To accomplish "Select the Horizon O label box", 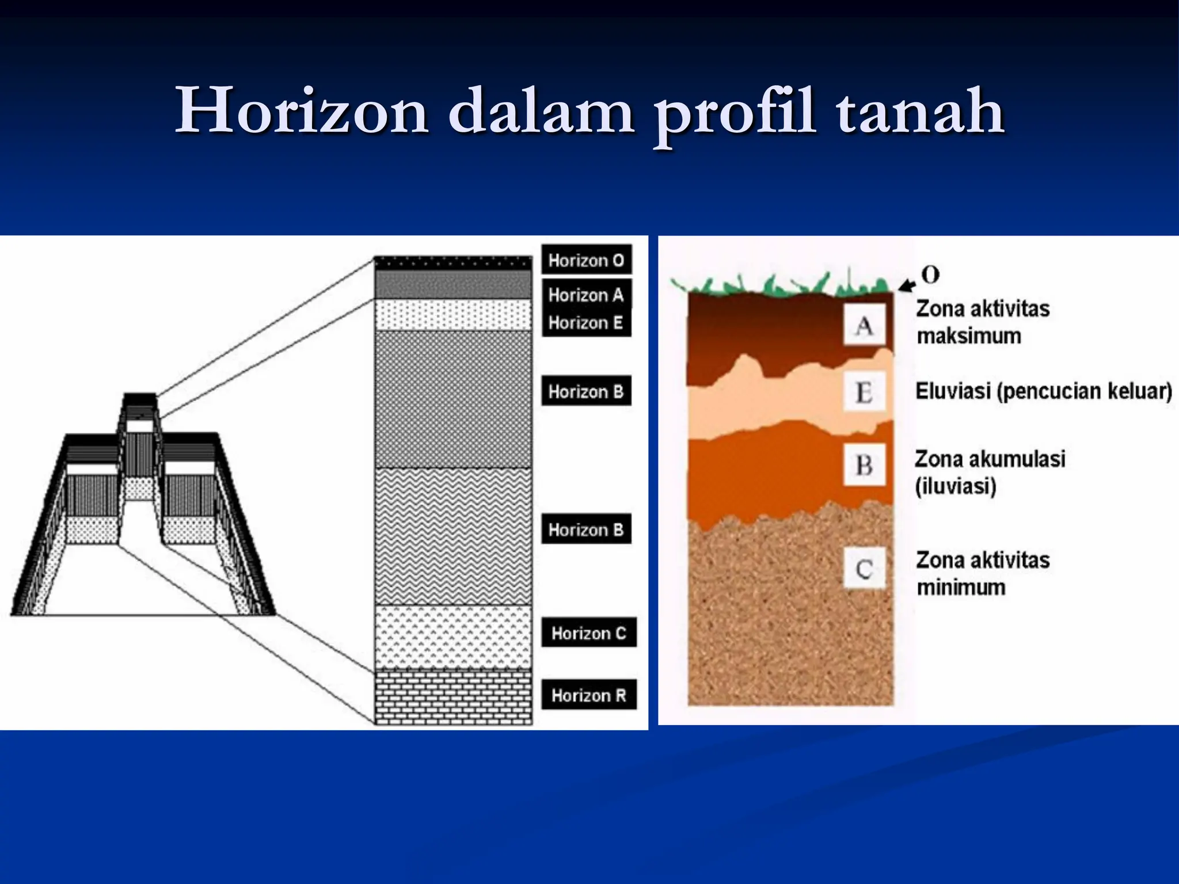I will [x=586, y=260].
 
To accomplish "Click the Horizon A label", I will [x=586, y=295].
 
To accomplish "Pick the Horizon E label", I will [x=586, y=323].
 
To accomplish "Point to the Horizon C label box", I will [x=588, y=633].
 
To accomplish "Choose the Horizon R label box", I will [x=588, y=695].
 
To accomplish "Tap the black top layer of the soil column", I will [x=453, y=263].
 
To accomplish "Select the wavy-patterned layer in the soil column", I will [x=453, y=535].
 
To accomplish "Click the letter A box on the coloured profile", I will [x=864, y=326].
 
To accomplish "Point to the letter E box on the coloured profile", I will [x=864, y=393].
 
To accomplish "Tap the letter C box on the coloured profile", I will [x=864, y=569].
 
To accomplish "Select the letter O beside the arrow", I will [x=930, y=275].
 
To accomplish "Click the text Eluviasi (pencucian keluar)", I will [x=1044, y=391].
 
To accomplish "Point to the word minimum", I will [x=961, y=588].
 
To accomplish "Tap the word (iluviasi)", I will [x=956, y=486].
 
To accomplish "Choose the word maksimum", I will [x=969, y=336].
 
